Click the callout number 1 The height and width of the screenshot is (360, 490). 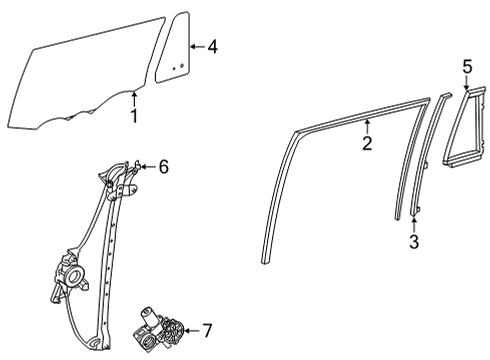133,117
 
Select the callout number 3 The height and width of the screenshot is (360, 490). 413,242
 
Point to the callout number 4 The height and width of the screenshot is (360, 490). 212,45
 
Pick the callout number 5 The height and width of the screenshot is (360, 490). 466,66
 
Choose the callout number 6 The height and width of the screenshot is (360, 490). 163,168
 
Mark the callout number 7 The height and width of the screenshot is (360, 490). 207,330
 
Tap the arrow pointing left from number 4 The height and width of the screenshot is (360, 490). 197,45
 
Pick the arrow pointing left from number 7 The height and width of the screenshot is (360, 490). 190,330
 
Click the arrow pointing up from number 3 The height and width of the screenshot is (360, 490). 413,222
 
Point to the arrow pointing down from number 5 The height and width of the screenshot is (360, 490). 466,85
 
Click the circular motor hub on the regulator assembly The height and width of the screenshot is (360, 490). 72,272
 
